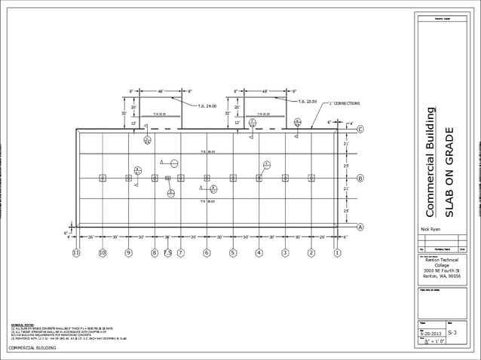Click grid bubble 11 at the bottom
tap(76, 253)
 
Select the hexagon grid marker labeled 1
tap(337, 253)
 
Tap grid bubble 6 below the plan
tap(207, 253)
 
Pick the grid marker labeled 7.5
tap(168, 253)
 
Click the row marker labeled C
tap(360, 130)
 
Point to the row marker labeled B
tap(360, 178)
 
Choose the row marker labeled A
tap(360, 227)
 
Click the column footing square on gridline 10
tap(103, 178)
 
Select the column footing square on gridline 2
tap(311, 178)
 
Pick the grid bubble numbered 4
tap(259, 253)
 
